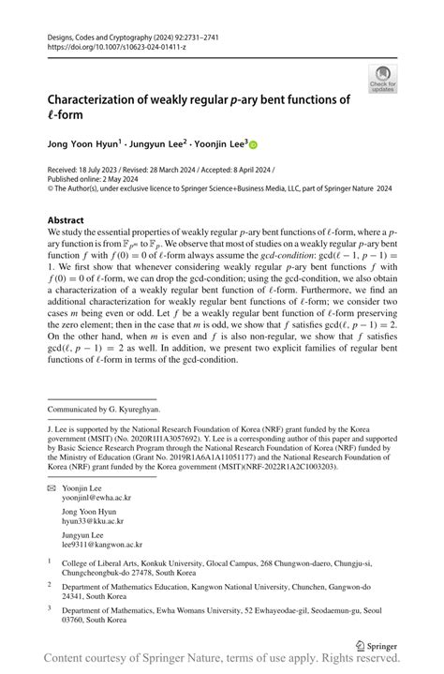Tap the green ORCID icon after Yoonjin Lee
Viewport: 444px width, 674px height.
pyautogui.click(x=252, y=144)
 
